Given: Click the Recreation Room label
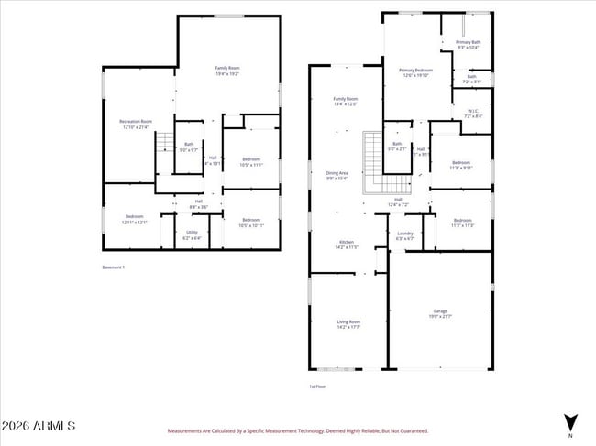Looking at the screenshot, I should (x=136, y=124).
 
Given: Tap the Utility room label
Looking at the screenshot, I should (x=192, y=234).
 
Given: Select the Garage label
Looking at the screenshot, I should (x=440, y=313).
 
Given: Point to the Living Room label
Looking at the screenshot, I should (x=348, y=324).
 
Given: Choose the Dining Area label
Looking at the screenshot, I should (x=337, y=175).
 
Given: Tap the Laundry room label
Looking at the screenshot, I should (x=404, y=235).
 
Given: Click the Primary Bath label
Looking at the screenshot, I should (x=469, y=44).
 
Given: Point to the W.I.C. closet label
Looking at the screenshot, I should (x=472, y=114).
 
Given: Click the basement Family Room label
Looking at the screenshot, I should (x=227, y=71).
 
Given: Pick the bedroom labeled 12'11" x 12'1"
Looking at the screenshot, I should (x=135, y=219).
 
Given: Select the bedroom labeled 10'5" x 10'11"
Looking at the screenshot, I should (x=251, y=222).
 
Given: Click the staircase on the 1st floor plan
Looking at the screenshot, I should (x=374, y=162).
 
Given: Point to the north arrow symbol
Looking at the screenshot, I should (x=570, y=423).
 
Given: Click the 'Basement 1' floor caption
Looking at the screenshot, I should (x=113, y=267).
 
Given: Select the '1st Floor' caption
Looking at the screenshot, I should (x=317, y=386).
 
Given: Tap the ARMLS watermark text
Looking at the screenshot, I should (x=39, y=427).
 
